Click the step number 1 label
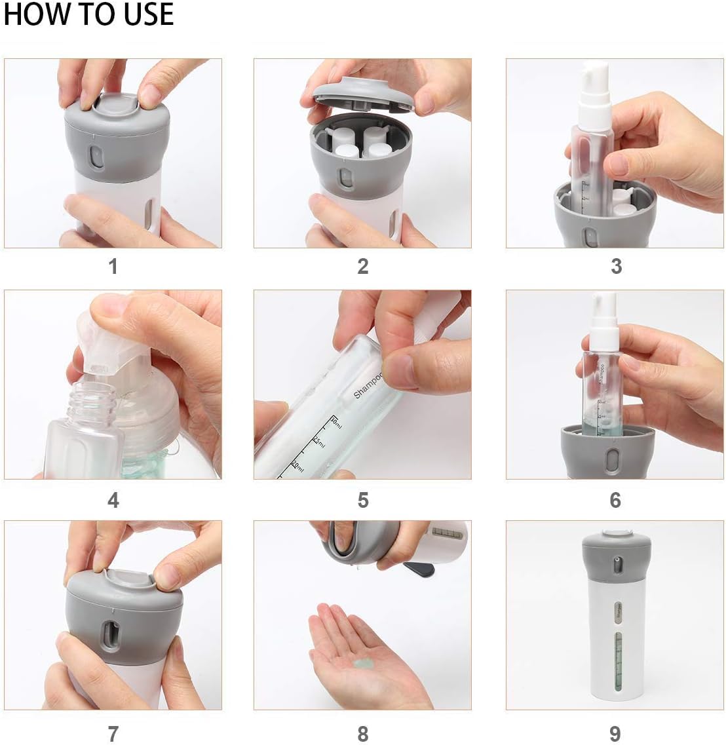coord(113,267)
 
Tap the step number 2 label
coord(363,267)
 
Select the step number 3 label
coord(616,267)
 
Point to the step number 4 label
coord(113,501)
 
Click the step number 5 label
coord(363,501)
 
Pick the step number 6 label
coord(615,501)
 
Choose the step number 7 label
coord(113,733)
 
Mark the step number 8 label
coord(363,733)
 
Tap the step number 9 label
coord(615,733)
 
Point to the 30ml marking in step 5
coord(335,423)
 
